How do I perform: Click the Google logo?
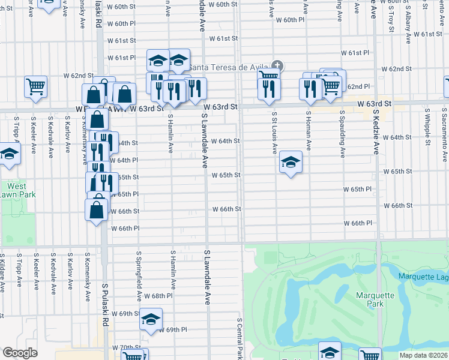pos(20,353)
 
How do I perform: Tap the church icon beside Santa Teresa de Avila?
pos(277,65)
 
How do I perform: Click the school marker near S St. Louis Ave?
pos(291,163)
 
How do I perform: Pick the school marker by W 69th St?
pos(151,319)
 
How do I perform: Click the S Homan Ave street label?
pos(308,130)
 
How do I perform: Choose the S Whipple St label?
pos(410,130)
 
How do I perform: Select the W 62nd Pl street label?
pos(356,86)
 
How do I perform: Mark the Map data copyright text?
pos(424,355)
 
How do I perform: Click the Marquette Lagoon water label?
pos(423,276)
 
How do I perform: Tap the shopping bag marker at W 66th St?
pos(97,211)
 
